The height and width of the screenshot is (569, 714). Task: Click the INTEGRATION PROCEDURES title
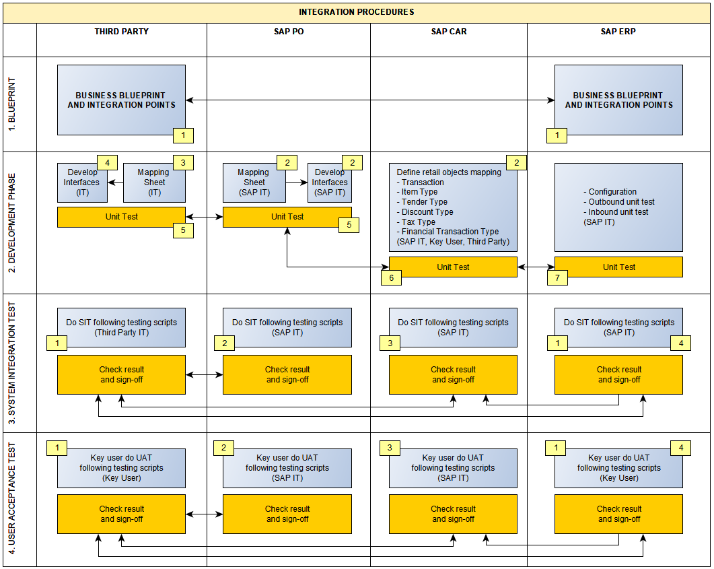357,12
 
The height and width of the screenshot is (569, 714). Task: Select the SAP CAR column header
449,32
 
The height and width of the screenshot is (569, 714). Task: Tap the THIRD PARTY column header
121,32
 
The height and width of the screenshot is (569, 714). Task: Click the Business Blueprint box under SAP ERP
618,100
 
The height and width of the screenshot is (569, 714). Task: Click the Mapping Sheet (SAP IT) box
254,182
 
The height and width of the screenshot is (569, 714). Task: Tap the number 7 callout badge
557,276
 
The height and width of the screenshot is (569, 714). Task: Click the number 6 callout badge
391,276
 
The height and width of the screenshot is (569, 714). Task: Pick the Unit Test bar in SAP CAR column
453,267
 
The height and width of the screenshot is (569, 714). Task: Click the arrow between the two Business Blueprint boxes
369,100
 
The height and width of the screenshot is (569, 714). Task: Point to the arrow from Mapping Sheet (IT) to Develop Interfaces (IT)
116,182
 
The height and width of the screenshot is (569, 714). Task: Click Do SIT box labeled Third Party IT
121,327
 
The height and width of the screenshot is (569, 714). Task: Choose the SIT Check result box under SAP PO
287,374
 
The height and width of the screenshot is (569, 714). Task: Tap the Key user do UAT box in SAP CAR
453,467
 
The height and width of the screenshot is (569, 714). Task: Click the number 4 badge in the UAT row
680,448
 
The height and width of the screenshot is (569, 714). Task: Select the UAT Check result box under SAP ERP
618,514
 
